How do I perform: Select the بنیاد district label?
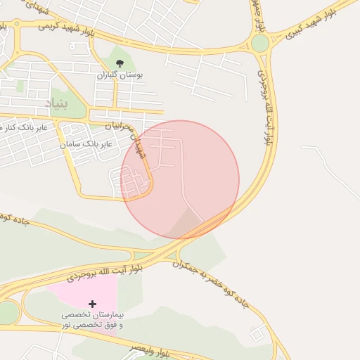pos(58,103)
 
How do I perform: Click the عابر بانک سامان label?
pos(86,143)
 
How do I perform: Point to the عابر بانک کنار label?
pos(24,127)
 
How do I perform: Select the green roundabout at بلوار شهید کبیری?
pos(260,44)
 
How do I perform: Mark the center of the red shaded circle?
pos(181,179)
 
